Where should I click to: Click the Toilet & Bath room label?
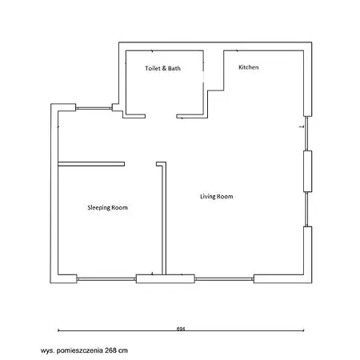tap(162, 68)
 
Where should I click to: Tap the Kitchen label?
tap(249, 67)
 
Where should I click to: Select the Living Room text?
tap(217, 197)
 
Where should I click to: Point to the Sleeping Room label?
tap(107, 208)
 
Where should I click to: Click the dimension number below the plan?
tap(181, 329)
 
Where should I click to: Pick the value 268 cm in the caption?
tap(116, 350)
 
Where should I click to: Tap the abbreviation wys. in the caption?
tap(48, 350)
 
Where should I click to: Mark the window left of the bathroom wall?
tap(94, 108)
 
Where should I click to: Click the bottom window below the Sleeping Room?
tap(106, 279)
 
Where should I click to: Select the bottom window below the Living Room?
tap(224, 279)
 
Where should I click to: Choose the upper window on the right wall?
tap(306, 134)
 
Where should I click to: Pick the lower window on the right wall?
tap(306, 210)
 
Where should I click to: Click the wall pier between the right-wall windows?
tap(308, 171)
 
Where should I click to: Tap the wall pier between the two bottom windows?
tap(166, 278)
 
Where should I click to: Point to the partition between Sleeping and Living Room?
tap(164, 218)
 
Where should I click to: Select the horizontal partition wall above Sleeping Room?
tap(91, 164)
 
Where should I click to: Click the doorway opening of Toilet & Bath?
tap(161, 116)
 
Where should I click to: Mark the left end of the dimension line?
tap(58, 330)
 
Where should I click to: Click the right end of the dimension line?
tap(304, 330)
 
